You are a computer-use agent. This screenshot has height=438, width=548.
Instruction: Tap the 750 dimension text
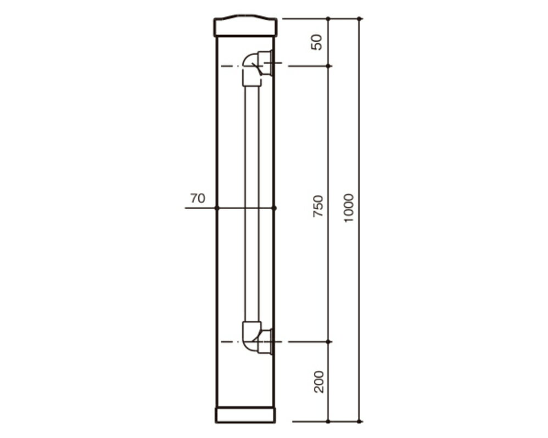coord(318,206)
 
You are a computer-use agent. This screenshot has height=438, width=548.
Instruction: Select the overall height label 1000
coord(349,209)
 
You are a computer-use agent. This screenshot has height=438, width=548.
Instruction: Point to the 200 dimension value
coord(318,382)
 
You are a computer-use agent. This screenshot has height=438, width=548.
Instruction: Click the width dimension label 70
coord(198,198)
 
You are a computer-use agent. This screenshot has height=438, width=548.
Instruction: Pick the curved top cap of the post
coord(245,25)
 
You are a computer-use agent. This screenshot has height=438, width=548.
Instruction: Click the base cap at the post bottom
coord(245,415)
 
